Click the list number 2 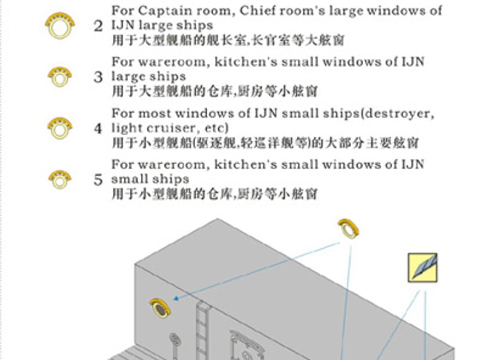click(98, 26)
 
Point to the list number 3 click(98, 77)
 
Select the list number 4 click(98, 129)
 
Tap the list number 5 click(98, 179)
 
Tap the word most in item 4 click(155, 114)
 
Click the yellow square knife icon click(422, 268)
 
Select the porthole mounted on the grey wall click(160, 308)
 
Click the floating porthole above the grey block click(349, 229)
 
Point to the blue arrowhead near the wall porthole click(176, 298)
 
